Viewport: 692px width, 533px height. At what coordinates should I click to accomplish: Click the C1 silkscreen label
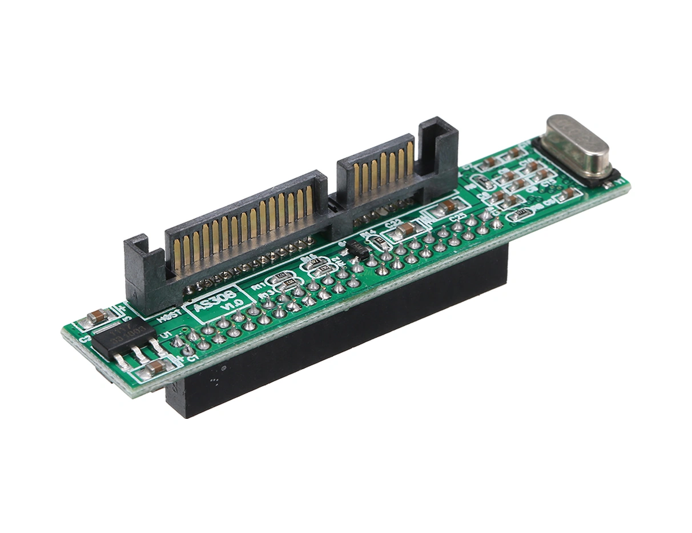click(x=192, y=358)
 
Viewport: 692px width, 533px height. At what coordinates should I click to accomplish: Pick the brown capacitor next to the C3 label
click(x=98, y=316)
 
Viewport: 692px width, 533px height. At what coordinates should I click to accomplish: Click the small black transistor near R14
click(x=357, y=249)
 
